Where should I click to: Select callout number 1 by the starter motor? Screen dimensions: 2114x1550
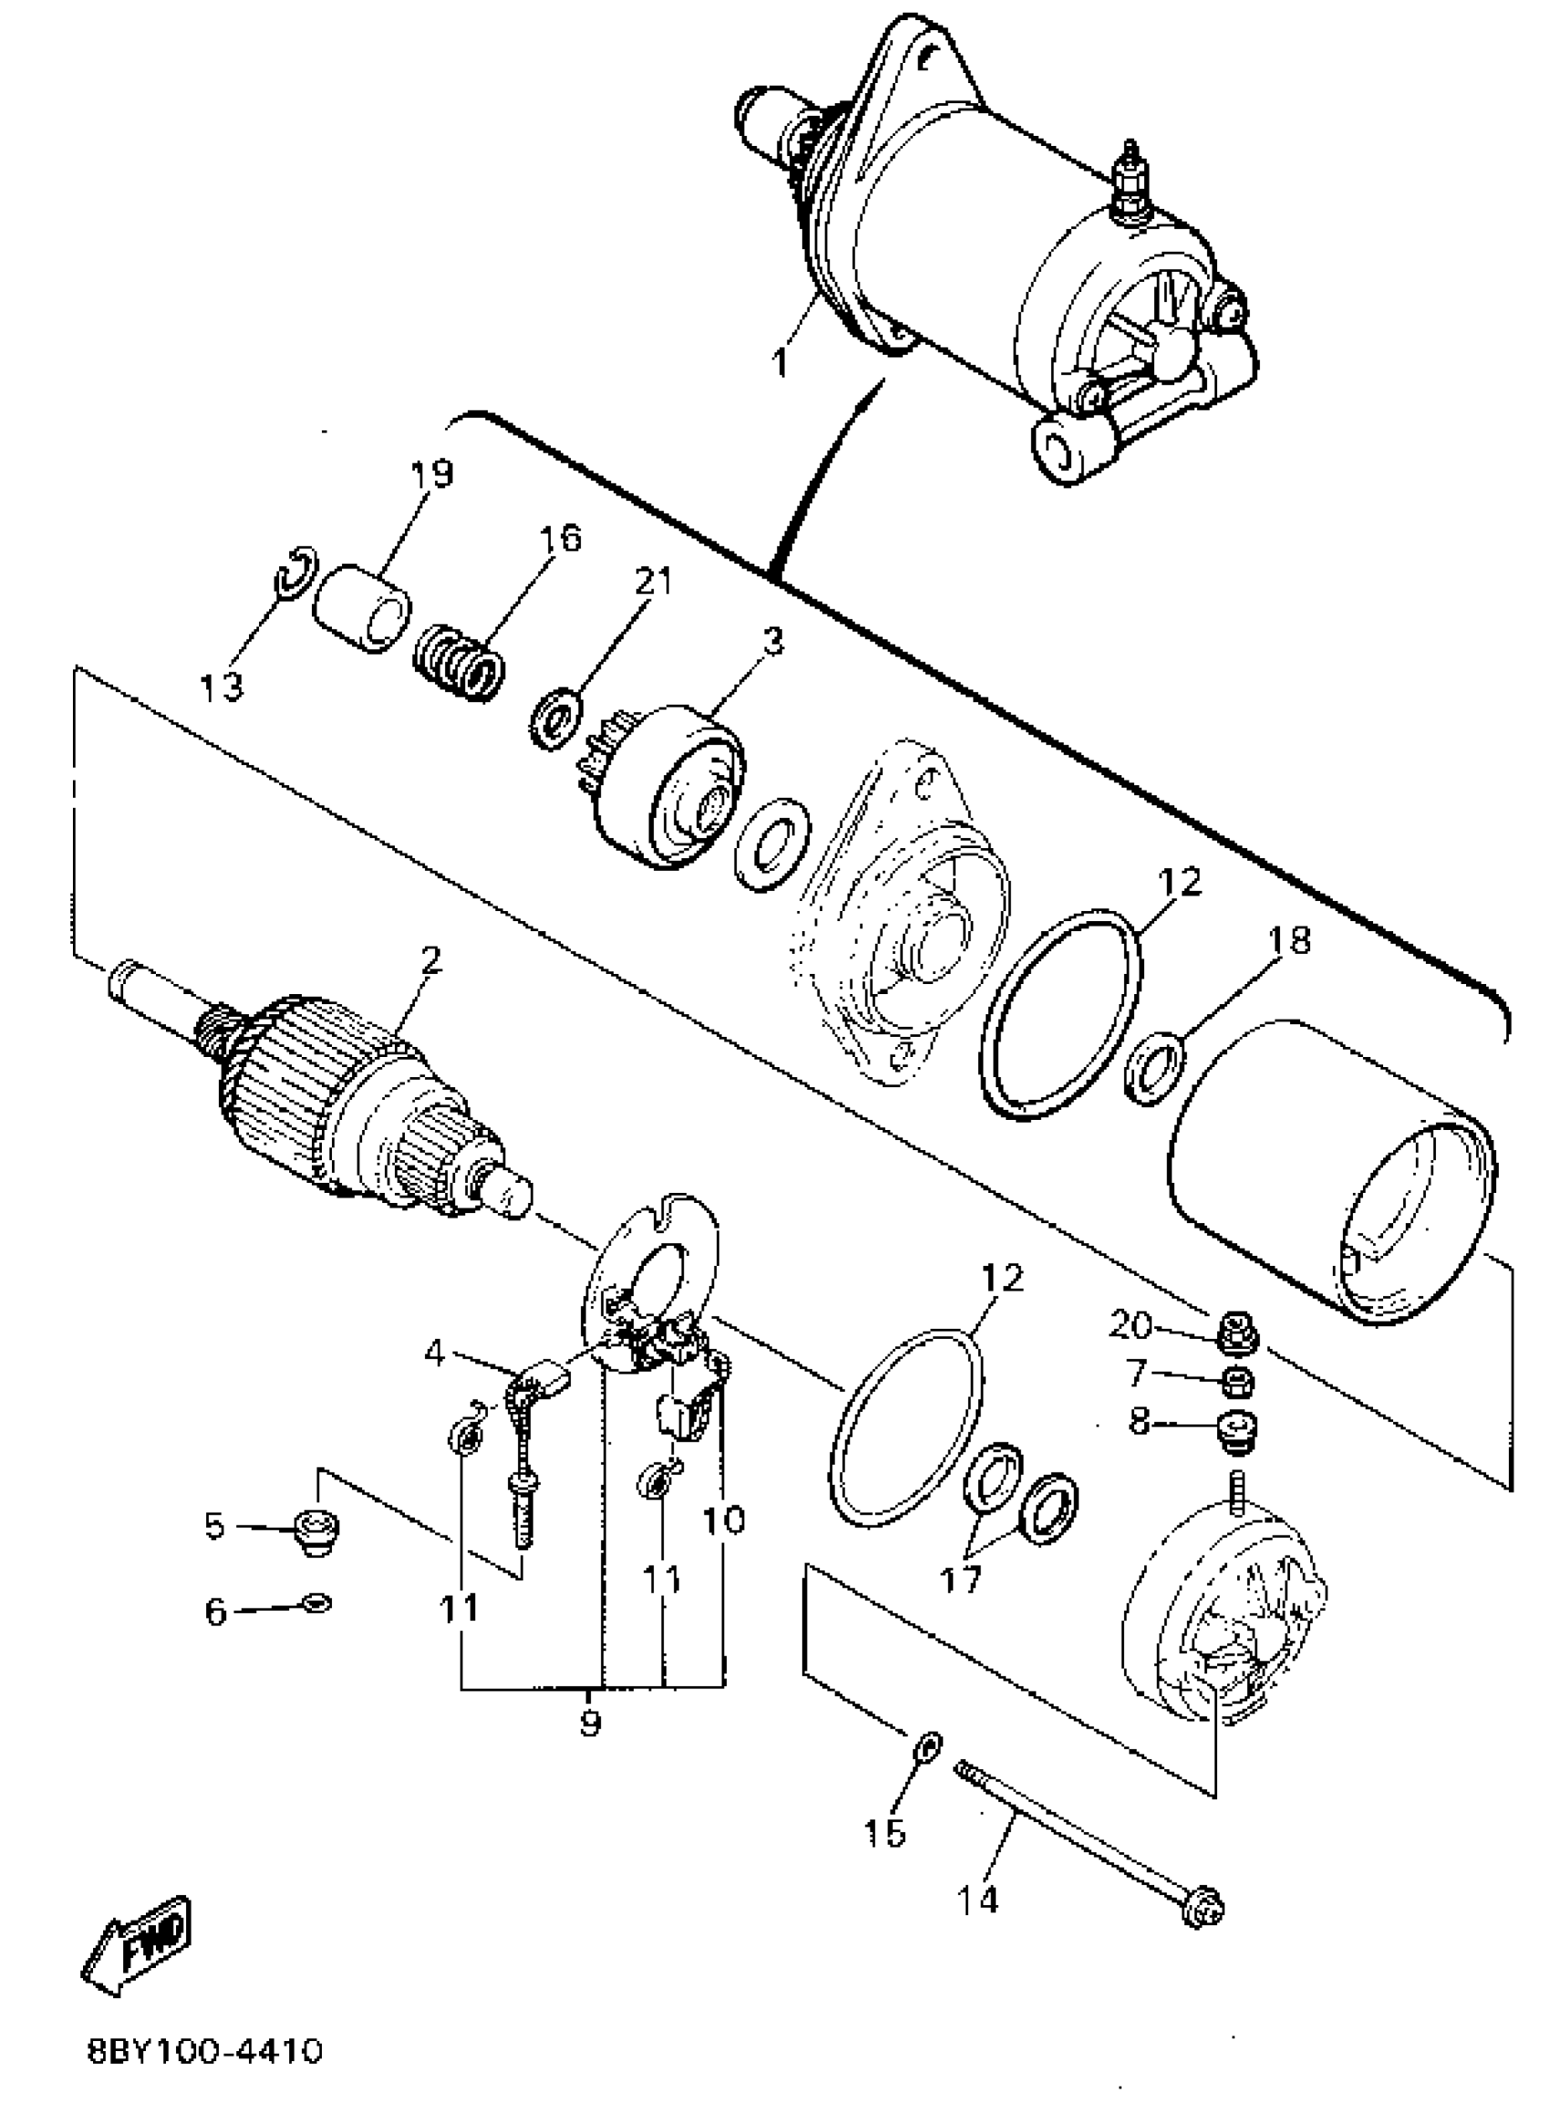coord(780,361)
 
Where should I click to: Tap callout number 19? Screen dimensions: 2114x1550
coord(430,474)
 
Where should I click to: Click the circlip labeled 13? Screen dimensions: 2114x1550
coord(296,571)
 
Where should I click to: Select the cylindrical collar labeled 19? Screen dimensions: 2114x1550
coord(361,609)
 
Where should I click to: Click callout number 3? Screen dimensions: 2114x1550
coord(772,644)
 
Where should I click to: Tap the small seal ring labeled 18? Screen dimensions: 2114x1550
coord(1153,1067)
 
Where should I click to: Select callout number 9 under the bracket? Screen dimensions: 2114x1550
coord(589,1723)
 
